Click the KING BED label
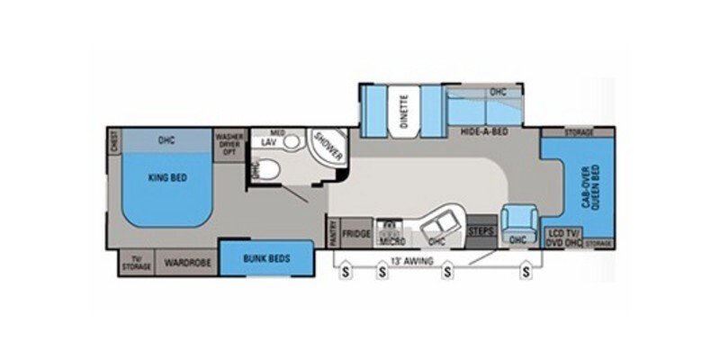(x=166, y=178)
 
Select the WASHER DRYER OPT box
(x=228, y=144)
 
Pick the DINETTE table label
(x=403, y=112)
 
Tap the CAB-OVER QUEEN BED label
(x=590, y=189)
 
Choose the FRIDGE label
(x=357, y=232)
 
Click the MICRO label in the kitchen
(x=391, y=241)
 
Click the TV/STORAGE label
(x=138, y=263)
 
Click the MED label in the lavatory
(x=279, y=133)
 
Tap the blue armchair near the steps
(x=519, y=225)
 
